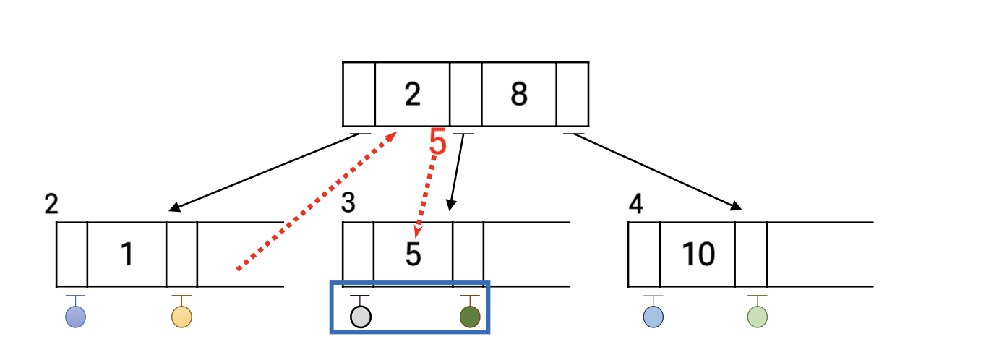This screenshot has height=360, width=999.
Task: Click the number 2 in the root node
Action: click(412, 95)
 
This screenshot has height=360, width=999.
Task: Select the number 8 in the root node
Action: click(519, 95)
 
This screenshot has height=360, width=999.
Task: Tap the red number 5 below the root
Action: click(437, 142)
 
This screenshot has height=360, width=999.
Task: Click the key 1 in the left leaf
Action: click(127, 254)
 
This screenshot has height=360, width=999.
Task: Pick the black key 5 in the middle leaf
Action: click(413, 254)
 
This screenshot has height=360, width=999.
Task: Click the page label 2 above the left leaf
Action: click(51, 205)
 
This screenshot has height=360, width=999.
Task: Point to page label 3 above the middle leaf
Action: click(348, 204)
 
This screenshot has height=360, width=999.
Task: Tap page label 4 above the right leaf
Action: click(635, 205)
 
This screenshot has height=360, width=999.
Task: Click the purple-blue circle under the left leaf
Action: click(76, 317)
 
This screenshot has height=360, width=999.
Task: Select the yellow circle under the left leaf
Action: click(181, 317)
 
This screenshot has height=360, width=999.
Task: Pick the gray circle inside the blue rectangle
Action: click(360, 317)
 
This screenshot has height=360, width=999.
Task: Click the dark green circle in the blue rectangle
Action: click(470, 317)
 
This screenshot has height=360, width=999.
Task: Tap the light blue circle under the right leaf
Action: click(653, 317)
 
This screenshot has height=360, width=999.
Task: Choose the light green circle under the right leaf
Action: click(757, 317)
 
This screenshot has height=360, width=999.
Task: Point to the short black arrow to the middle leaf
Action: click(455, 172)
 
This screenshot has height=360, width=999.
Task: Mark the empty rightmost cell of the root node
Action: click(573, 94)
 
